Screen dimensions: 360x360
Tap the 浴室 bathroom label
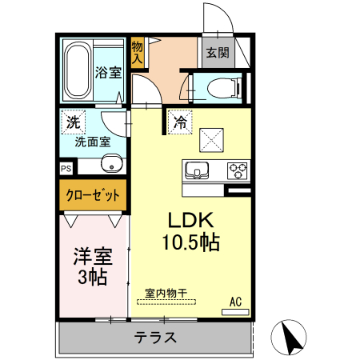(109, 73)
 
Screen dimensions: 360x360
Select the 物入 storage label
(137, 53)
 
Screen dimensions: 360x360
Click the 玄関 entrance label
(217, 53)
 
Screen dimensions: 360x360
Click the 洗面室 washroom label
(93, 143)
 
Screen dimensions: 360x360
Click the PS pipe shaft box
(66, 169)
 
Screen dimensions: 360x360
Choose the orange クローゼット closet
(93, 194)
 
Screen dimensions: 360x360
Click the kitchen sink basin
(197, 170)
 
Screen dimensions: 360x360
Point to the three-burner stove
(238, 170)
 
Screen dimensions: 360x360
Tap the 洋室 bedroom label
(93, 258)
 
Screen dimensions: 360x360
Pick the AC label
(235, 302)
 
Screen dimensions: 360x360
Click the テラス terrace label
(155, 337)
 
